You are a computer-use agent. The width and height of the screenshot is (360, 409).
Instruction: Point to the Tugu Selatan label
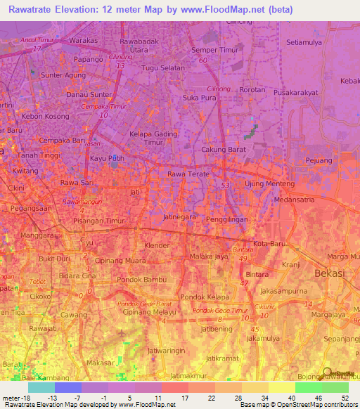[x=163, y=68]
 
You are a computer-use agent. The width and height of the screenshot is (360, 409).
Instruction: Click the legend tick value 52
[x=344, y=398]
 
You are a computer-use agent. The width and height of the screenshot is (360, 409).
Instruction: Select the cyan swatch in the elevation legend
[x=41, y=387]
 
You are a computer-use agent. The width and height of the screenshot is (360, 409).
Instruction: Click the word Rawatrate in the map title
[x=34, y=9]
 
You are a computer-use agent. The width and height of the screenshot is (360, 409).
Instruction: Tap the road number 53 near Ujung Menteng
[x=225, y=185]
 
